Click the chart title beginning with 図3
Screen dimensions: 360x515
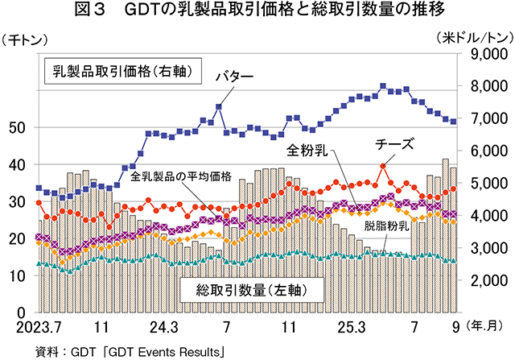pos(257,12)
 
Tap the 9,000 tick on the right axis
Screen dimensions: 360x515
pos(485,54)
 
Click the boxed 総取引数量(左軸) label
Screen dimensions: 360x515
pos(241,288)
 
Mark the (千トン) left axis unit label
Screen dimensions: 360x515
pos(27,38)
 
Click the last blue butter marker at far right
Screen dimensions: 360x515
pos(453,122)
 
